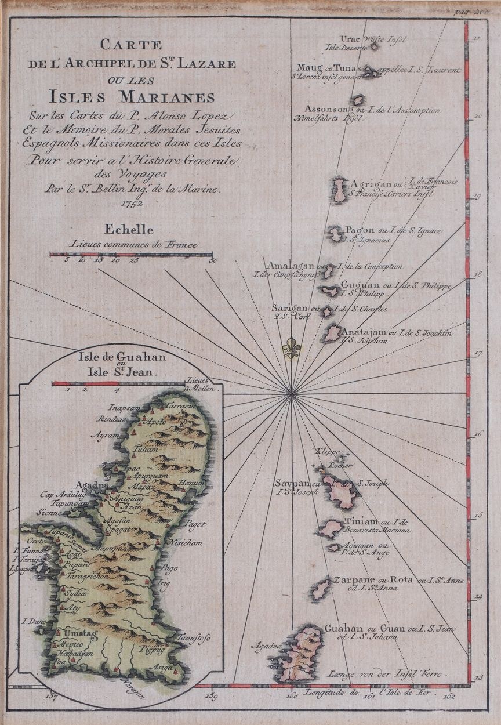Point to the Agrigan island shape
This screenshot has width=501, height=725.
tap(339, 190)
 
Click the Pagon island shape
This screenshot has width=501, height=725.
tap(336, 234)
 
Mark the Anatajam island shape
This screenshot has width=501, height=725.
tap(333, 333)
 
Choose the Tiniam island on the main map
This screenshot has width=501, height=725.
tap(331, 528)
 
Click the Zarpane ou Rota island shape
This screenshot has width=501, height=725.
tap(321, 590)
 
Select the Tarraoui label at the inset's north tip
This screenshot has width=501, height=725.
tap(179, 407)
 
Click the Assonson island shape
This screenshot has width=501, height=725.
tap(358, 100)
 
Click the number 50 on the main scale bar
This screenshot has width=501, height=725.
tap(213, 261)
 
